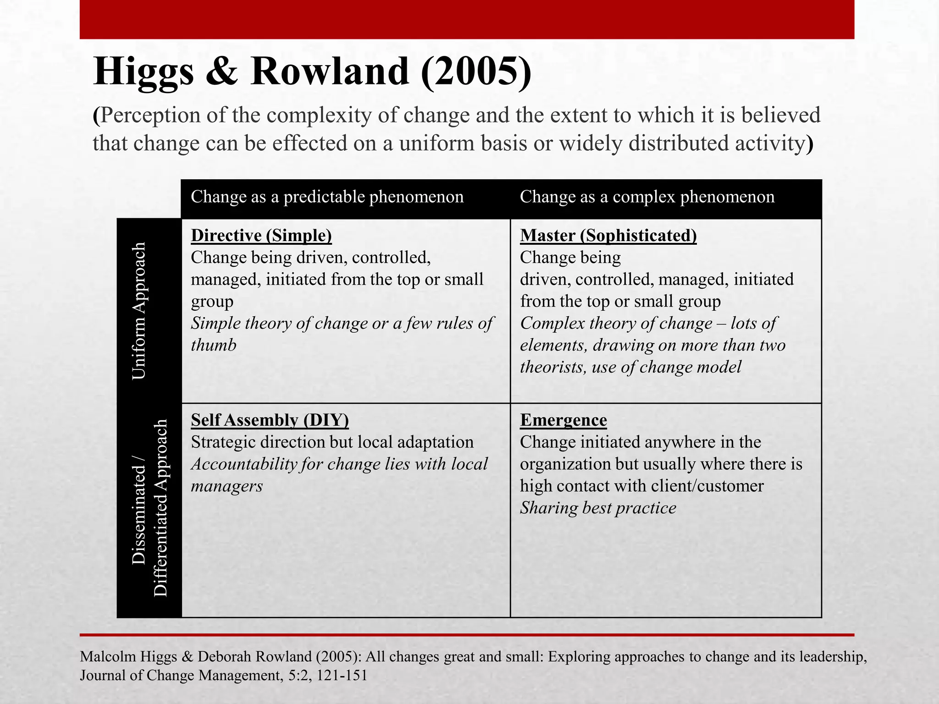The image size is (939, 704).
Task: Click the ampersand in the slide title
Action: point(222,72)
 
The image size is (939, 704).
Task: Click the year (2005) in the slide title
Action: point(476,72)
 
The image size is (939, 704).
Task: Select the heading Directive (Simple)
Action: point(261,236)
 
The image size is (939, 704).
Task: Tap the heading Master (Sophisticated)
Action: point(608,236)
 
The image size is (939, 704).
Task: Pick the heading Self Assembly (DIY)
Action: point(270,420)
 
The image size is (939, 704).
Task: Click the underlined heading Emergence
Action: point(563,420)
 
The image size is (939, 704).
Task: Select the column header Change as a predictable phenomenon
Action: point(327,197)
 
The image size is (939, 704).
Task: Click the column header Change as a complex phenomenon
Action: point(647,197)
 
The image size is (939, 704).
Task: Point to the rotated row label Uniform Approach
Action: point(138,311)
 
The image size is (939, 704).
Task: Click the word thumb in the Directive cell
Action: point(213,345)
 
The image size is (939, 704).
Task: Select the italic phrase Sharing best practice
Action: point(598,508)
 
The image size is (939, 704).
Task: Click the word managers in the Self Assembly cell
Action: point(226,486)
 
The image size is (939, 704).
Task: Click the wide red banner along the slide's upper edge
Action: point(467,19)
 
